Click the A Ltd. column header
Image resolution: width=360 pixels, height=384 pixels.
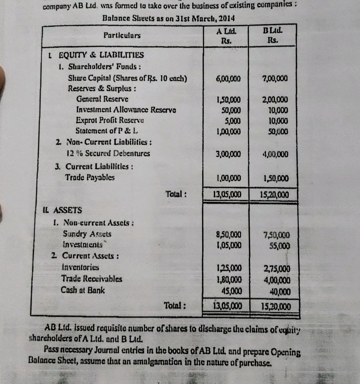tap(226, 35)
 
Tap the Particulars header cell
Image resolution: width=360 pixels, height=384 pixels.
tap(122, 35)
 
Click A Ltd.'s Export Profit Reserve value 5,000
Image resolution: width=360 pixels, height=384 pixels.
tap(233, 120)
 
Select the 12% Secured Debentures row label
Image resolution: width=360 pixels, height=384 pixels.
tap(108, 154)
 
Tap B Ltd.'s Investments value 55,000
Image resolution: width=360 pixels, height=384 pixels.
tap(278, 245)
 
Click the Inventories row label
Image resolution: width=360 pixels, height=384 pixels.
tap(80, 267)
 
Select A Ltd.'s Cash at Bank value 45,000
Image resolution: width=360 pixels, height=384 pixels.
tap(232, 289)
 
